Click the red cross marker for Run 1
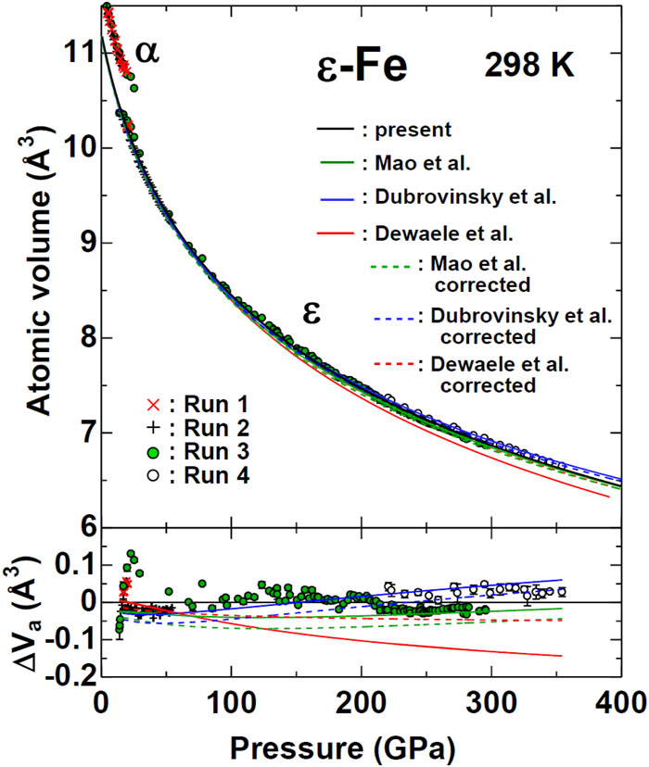tap(154, 405)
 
